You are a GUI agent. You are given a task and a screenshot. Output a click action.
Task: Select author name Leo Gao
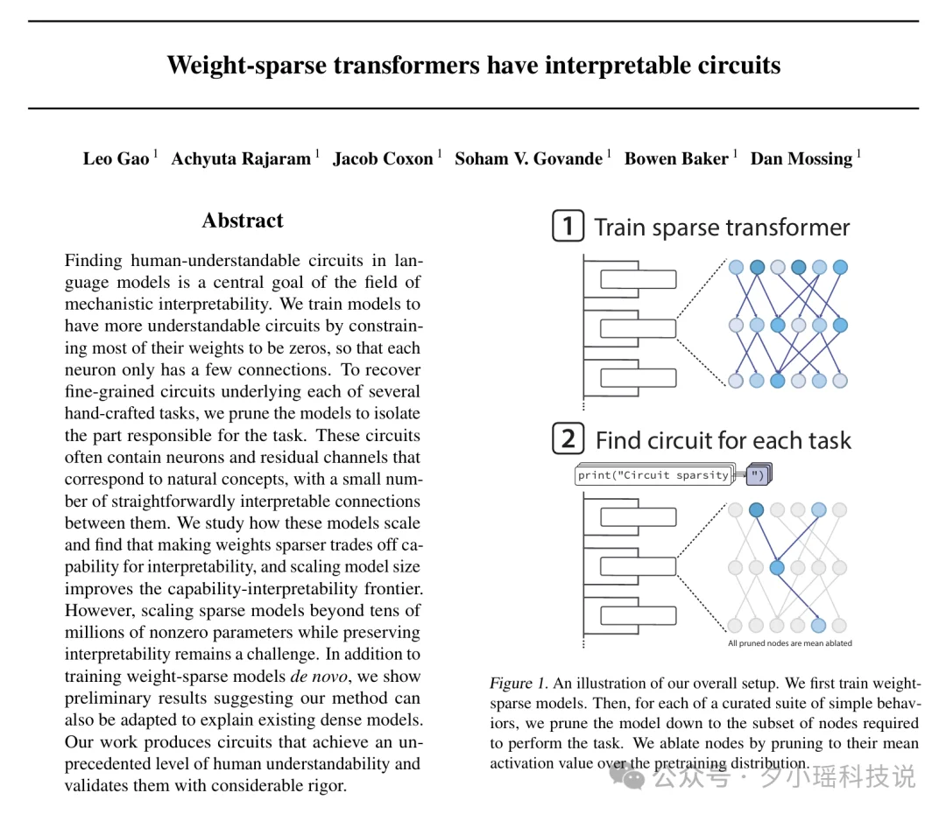pyautogui.click(x=116, y=158)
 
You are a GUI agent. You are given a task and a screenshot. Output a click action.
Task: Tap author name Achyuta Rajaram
pyautogui.click(x=241, y=158)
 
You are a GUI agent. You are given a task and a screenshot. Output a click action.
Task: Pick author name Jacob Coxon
pyautogui.click(x=383, y=158)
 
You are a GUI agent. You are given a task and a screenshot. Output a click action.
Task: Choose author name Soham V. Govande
pyautogui.click(x=528, y=158)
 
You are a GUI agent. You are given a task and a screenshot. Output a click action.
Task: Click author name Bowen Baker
pyautogui.click(x=676, y=158)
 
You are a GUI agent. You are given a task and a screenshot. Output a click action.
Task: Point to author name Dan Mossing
pyautogui.click(x=801, y=158)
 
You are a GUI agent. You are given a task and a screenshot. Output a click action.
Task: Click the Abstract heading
pyautogui.click(x=243, y=221)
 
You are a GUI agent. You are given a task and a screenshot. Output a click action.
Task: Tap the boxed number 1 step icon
pyautogui.click(x=568, y=227)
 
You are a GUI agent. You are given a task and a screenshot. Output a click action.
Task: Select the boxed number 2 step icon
pyautogui.click(x=568, y=439)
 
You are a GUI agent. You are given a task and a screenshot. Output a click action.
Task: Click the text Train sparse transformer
pyautogui.click(x=722, y=228)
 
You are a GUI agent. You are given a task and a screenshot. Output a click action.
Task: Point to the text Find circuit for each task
pyautogui.click(x=723, y=439)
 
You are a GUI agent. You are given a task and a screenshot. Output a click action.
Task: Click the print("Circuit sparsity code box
pyautogui.click(x=653, y=475)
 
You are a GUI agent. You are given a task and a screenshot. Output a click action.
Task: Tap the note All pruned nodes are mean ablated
pyautogui.click(x=789, y=643)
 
